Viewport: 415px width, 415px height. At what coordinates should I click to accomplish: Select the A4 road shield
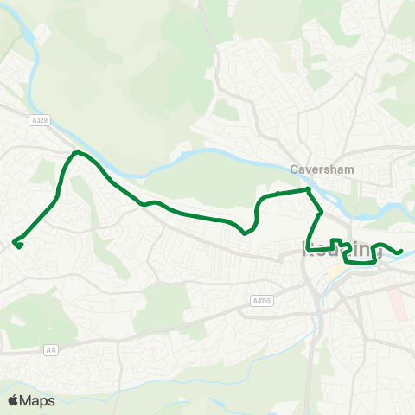tap(53, 350)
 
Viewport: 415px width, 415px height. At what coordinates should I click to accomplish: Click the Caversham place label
tap(317, 169)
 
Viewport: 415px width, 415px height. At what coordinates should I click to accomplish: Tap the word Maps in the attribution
tap(38, 400)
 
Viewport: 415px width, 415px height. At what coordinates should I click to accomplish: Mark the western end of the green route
tap(16, 243)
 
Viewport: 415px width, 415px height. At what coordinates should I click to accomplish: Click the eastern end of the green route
tap(401, 252)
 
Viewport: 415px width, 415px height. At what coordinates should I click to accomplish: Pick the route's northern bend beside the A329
tap(77, 153)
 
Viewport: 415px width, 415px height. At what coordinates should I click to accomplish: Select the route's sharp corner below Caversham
tap(308, 188)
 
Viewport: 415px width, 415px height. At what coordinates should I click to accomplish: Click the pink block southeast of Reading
tap(396, 303)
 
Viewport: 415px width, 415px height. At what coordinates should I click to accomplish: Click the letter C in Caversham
tap(295, 169)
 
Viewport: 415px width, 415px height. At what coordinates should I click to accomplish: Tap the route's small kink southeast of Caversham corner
tap(321, 212)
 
